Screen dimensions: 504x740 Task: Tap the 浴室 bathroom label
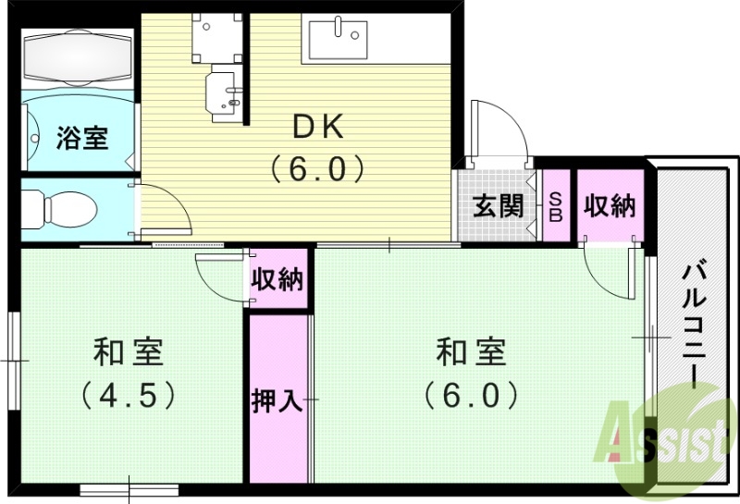[x=82, y=139]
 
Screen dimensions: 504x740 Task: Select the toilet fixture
[x=57, y=208]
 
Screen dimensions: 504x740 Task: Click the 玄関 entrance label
[x=498, y=206]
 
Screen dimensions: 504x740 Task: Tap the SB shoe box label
[x=556, y=206]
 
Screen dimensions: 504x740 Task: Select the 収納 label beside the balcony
[x=610, y=206]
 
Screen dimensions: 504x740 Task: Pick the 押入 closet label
[x=277, y=401]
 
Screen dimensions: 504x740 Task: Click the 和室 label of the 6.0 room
[x=471, y=352]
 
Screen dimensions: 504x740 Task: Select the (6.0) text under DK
[x=314, y=169]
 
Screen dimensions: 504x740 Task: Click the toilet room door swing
[x=166, y=208]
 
